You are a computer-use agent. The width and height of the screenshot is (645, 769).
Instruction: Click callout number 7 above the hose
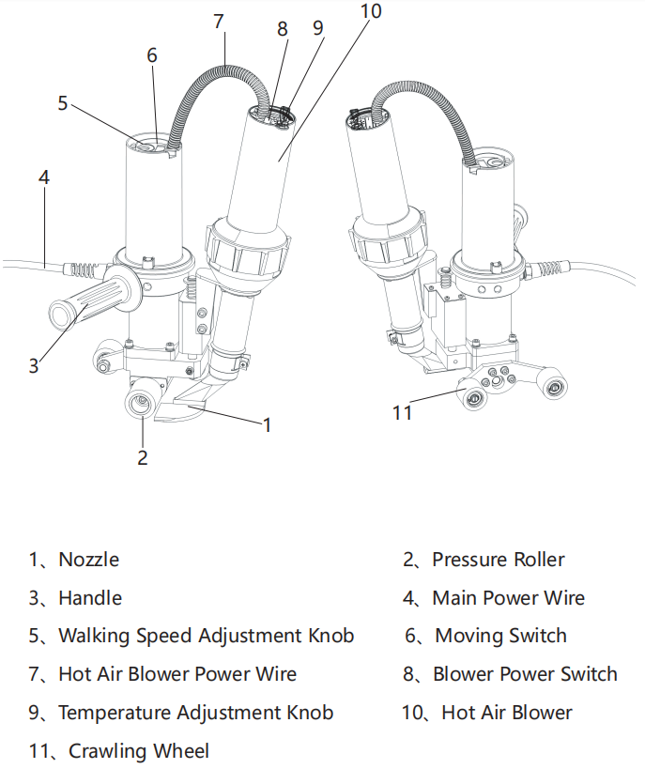point(219,20)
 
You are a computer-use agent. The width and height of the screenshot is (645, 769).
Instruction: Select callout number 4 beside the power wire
point(44,177)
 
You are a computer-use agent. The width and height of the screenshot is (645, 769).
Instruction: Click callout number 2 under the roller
point(143,457)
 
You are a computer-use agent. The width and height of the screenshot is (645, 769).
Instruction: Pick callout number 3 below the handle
point(34,364)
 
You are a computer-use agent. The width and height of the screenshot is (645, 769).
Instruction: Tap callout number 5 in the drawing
point(63,102)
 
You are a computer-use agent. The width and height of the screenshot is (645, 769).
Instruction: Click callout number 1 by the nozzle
point(267,424)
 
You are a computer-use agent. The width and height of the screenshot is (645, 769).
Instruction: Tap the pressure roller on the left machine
point(143,405)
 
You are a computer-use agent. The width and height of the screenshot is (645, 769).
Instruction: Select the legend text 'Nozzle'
point(88,560)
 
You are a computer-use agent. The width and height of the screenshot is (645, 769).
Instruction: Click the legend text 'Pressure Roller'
point(498,560)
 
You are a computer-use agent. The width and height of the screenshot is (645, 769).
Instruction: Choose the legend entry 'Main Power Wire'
point(508,598)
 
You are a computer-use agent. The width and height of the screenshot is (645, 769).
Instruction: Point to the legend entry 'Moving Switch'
point(500,636)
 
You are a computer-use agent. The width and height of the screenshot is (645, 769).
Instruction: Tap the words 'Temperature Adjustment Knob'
point(195,713)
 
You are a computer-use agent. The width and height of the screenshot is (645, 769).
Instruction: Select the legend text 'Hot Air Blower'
point(506,713)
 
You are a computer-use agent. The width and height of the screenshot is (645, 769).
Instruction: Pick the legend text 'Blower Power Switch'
point(525,674)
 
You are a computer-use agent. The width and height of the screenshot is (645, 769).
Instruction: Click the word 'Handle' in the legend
point(90,598)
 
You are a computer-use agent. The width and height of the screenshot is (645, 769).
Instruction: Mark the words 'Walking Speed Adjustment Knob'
point(206,636)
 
